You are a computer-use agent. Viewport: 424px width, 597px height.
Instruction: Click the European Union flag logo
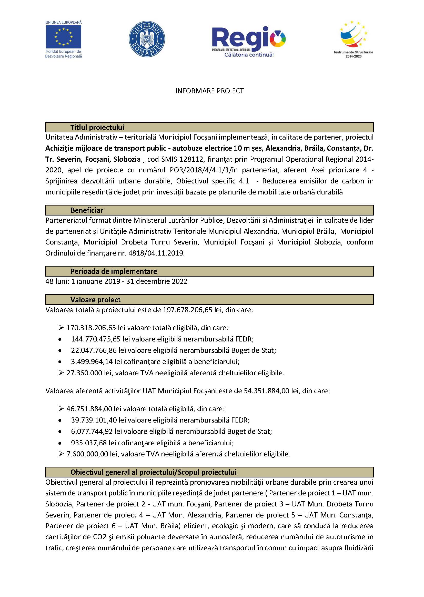pyautogui.click(x=63, y=37)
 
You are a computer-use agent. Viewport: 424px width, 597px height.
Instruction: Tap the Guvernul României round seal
pyautogui.click(x=147, y=39)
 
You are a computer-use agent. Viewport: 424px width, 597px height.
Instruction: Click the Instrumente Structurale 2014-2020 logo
pyautogui.click(x=353, y=39)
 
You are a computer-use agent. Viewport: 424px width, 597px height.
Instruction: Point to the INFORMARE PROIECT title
pyautogui.click(x=209, y=91)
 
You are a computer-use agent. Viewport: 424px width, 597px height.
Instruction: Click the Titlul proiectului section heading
pyautogui.click(x=97, y=127)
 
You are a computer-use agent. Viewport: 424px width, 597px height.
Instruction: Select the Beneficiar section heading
pyautogui.click(x=87, y=210)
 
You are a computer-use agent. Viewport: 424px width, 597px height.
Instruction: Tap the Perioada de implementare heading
pyautogui.click(x=114, y=271)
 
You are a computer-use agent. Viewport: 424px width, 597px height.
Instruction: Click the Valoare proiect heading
pyautogui.click(x=95, y=300)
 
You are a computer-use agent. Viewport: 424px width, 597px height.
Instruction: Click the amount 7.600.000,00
pyautogui.click(x=87, y=454)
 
